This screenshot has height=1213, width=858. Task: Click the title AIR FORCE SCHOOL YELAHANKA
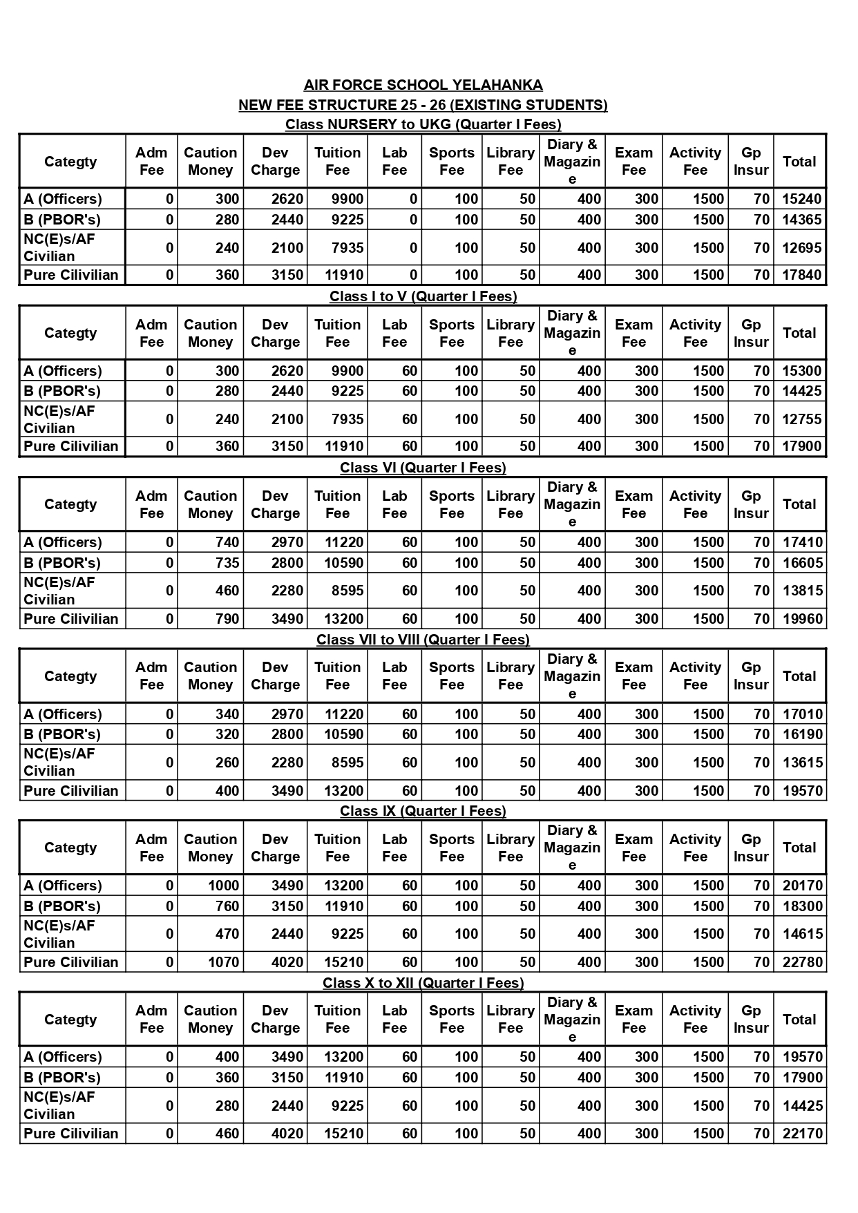423,85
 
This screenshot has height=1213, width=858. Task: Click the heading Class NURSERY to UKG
423,124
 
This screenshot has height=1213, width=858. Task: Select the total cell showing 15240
801,199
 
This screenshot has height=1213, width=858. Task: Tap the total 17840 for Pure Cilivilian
801,275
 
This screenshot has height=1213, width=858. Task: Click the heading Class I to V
423,296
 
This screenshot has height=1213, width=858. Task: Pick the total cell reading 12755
801,419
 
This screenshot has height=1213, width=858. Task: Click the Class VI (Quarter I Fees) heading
423,468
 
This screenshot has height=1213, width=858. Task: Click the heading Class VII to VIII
423,640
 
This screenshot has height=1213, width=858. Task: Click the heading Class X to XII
423,983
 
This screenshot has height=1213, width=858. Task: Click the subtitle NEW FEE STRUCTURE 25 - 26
423,105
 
